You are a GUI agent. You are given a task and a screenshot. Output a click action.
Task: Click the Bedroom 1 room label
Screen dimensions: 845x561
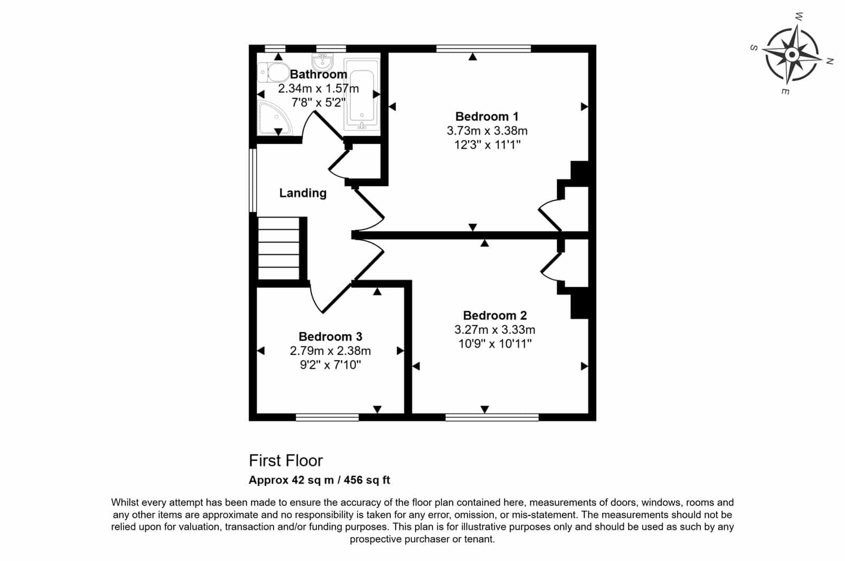tap(487, 116)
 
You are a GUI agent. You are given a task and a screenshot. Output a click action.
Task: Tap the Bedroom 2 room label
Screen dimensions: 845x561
tap(495, 315)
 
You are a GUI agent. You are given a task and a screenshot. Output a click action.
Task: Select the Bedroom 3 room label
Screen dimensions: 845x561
tap(331, 336)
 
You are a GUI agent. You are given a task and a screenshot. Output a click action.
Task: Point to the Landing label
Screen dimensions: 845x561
tap(303, 193)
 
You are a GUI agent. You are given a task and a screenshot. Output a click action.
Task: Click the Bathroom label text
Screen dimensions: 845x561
tap(318, 74)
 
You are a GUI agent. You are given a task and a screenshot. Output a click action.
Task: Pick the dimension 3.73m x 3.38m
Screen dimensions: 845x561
tap(487, 130)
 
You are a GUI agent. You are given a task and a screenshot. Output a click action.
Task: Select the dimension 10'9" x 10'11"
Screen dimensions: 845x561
tap(495, 344)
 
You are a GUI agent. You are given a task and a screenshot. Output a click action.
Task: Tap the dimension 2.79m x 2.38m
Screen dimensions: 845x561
tap(331, 350)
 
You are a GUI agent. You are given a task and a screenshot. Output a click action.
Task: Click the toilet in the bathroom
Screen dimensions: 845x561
tap(274, 72)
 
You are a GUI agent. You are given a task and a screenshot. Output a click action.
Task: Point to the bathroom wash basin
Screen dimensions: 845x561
tap(323, 61)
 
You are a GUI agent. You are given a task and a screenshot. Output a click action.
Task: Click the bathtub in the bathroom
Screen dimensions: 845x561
tap(362, 95)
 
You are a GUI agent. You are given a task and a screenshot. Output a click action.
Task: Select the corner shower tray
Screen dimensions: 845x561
tap(274, 118)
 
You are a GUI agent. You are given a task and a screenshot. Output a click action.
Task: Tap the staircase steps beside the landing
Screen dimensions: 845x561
tap(278, 248)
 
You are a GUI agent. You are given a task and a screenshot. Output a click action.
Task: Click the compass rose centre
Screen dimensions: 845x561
tap(792, 55)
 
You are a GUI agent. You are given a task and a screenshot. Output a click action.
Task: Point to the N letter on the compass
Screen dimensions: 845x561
tap(830, 61)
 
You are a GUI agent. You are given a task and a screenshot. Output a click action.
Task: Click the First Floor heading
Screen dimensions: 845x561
tap(286, 461)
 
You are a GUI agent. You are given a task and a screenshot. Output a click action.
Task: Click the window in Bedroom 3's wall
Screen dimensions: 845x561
tap(327, 417)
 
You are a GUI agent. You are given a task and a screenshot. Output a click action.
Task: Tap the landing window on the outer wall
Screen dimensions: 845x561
tap(253, 180)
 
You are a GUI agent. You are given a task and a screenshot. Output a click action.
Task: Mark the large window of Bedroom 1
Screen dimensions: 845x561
tap(484, 48)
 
